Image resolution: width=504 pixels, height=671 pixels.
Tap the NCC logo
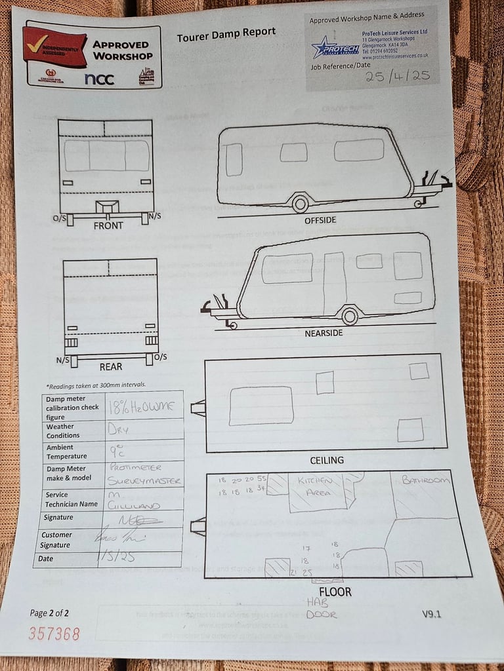click(x=99, y=79)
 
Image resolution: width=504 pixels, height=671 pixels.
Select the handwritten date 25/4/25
click(x=397, y=75)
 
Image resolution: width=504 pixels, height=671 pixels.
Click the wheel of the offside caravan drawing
click(x=301, y=203)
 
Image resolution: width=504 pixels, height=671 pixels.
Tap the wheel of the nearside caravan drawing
click(x=350, y=316)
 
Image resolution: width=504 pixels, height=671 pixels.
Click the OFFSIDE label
click(x=320, y=220)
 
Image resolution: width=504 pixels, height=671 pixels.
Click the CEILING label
click(x=327, y=460)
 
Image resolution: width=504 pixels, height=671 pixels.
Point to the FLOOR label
click(x=335, y=592)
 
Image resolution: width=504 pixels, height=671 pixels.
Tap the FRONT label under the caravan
click(x=108, y=225)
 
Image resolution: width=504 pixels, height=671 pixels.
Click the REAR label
click(x=111, y=366)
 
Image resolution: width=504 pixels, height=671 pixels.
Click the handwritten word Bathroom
click(x=426, y=480)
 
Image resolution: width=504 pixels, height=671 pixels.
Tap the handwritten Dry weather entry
click(x=117, y=430)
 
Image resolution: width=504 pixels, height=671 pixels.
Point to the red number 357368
click(x=54, y=634)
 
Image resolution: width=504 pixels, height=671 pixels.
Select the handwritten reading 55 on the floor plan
click(x=262, y=479)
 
